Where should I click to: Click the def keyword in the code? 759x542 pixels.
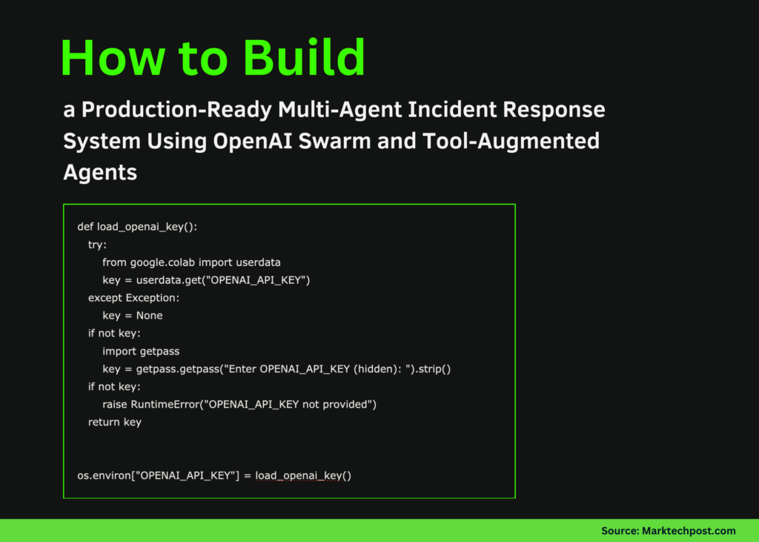pyautogui.click(x=85, y=227)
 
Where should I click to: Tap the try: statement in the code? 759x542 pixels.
pyautogui.click(x=97, y=245)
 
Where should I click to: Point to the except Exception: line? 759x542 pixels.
pyautogui.click(x=133, y=298)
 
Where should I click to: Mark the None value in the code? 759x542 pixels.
pyautogui.click(x=148, y=316)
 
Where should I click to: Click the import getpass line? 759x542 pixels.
pyautogui.click(x=141, y=351)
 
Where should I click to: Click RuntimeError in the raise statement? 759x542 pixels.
pyautogui.click(x=168, y=405)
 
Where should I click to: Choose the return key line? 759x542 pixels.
pyautogui.click(x=114, y=423)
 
